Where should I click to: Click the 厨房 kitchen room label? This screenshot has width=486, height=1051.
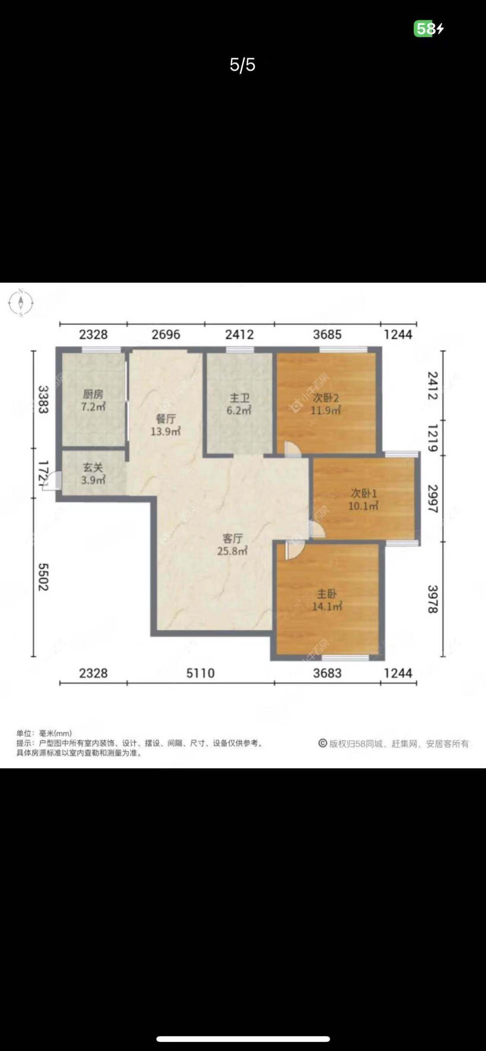(93, 394)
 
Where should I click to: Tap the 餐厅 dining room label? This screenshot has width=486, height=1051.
(165, 418)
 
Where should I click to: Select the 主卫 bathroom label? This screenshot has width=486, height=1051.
(239, 398)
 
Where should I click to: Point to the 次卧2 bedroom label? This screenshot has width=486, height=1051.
(325, 398)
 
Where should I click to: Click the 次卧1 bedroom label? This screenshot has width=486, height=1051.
(363, 493)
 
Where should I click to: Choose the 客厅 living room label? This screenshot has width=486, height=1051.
(232, 538)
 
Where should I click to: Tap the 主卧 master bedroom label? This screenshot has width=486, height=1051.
(327, 594)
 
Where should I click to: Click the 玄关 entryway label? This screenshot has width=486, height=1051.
(93, 467)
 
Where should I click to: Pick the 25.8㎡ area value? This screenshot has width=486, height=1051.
(232, 551)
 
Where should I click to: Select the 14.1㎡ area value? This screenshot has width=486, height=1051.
(327, 606)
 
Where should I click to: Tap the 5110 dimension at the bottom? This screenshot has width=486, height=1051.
(200, 673)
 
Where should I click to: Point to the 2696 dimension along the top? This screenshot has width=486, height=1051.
(166, 334)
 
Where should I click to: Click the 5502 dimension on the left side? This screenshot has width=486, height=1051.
(43, 577)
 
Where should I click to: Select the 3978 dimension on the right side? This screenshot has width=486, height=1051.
(432, 599)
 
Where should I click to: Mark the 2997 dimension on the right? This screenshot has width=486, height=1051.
(432, 499)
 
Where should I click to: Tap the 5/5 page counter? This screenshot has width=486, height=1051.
(242, 65)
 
